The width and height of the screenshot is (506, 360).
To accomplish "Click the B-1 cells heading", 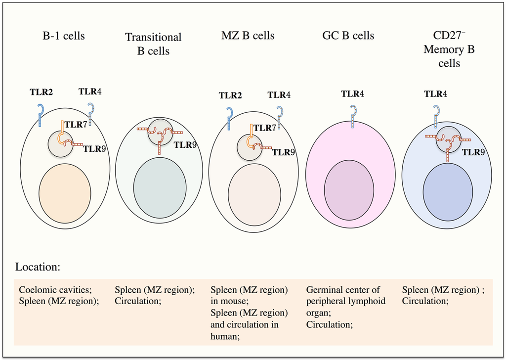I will click(x=63, y=36).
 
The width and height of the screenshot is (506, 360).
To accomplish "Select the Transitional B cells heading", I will click(x=153, y=44).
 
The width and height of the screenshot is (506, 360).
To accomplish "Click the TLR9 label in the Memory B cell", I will click(x=473, y=153).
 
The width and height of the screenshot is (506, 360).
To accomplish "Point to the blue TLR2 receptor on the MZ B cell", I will click(x=229, y=119).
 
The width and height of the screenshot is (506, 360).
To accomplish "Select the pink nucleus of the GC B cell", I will click(x=349, y=190).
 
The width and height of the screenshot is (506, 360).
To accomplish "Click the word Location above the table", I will click(x=38, y=267).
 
